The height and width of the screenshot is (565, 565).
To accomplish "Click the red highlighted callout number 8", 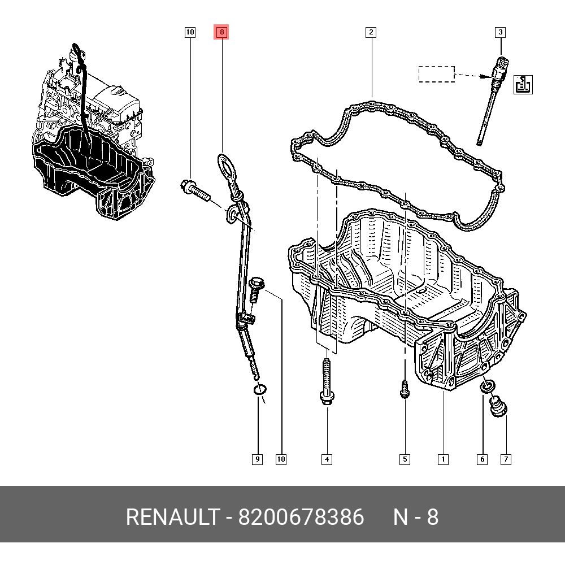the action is pyautogui.click(x=221, y=32).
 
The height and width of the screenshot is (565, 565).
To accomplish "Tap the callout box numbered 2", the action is pyautogui.click(x=371, y=32).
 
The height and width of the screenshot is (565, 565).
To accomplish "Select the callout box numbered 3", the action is pyautogui.click(x=500, y=32).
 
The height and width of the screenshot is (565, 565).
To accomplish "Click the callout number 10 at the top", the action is pyautogui.click(x=190, y=32).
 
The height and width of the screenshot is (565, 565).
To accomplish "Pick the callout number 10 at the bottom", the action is pyautogui.click(x=281, y=459).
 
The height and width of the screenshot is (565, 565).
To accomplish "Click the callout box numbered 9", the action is pyautogui.click(x=257, y=459).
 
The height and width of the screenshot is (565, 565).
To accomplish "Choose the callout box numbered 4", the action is pyautogui.click(x=327, y=459).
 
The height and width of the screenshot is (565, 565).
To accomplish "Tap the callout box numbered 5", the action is pyautogui.click(x=405, y=459).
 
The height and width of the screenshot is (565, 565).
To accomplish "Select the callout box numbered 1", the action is pyautogui.click(x=443, y=459).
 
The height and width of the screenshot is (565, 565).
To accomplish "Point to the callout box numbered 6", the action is pyautogui.click(x=482, y=459).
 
